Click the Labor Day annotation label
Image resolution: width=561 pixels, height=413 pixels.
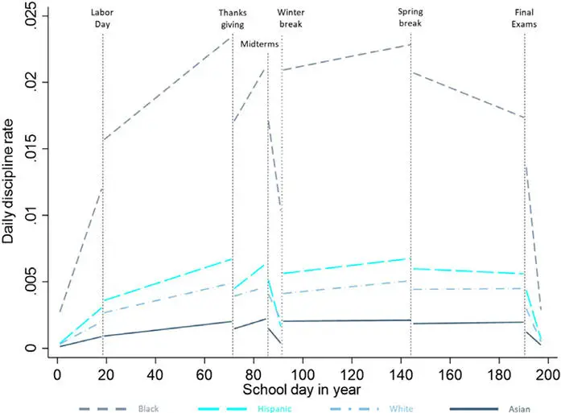click(102, 19)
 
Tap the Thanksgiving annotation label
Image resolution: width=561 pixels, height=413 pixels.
click(233, 19)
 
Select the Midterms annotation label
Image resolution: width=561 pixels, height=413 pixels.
click(259, 44)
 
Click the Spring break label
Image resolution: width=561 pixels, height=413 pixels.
click(410, 19)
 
